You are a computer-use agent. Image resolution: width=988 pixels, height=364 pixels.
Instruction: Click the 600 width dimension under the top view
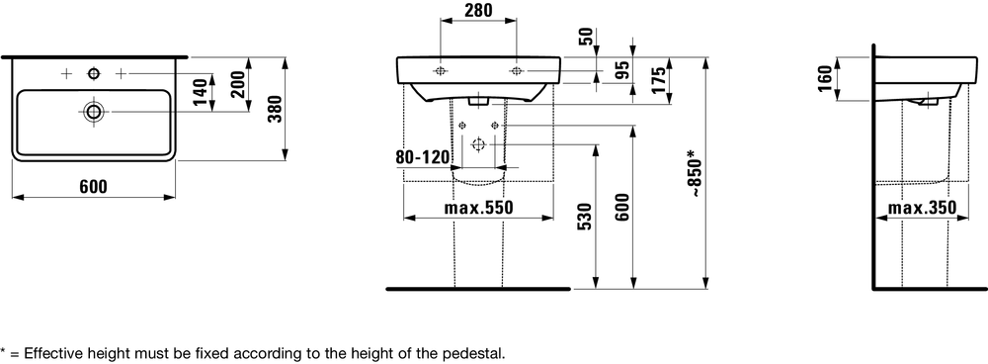coord(93,187)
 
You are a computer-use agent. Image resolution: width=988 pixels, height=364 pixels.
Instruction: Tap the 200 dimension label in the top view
coord(238,84)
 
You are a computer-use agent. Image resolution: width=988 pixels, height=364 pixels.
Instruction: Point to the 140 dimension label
coord(201,93)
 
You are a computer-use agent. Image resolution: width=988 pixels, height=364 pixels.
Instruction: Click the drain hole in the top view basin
coord(94,112)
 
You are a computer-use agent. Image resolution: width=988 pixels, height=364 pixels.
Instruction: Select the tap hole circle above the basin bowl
coord(94,74)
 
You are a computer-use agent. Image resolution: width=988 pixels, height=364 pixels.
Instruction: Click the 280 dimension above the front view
coord(478,10)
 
